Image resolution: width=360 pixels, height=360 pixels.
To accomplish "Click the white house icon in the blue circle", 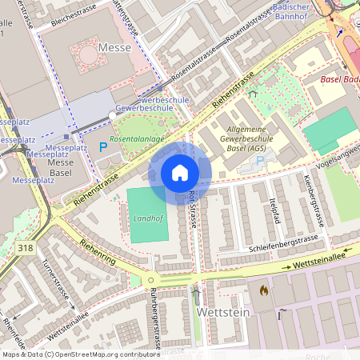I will pos(180,173).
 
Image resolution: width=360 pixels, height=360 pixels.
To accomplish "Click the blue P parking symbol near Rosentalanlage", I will pos(102,146).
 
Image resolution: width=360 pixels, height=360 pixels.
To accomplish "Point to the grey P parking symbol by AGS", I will pos(259,161).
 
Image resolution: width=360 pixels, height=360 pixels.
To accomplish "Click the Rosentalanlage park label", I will pos(138,138).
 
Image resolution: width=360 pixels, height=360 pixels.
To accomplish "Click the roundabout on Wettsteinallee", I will pos(150,280).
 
